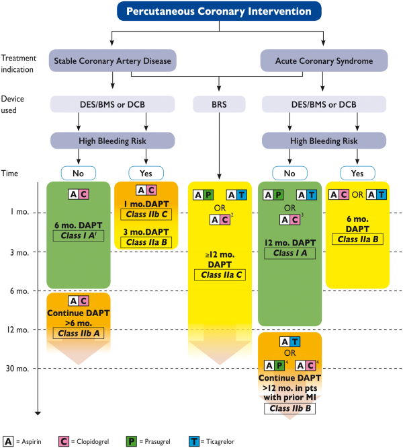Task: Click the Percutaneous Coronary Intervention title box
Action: (219, 11)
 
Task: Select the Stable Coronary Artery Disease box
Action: (112, 61)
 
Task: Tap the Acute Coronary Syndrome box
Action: (324, 61)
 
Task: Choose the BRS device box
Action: (219, 104)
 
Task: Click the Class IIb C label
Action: (146, 215)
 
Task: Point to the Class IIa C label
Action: (220, 275)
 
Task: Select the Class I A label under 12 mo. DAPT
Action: (289, 253)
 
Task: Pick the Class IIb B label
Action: (289, 408)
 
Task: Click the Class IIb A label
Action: (79, 334)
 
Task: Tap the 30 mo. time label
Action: (17, 369)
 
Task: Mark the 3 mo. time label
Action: (19, 252)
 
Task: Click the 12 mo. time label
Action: (18, 330)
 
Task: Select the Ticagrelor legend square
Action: (194, 441)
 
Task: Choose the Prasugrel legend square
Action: (131, 441)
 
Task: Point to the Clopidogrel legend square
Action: (64, 441)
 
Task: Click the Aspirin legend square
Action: (8, 441)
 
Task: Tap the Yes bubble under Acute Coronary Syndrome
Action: (357, 173)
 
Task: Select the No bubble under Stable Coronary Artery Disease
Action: (79, 173)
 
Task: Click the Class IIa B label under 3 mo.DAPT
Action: (146, 242)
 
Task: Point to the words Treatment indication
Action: (19, 64)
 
